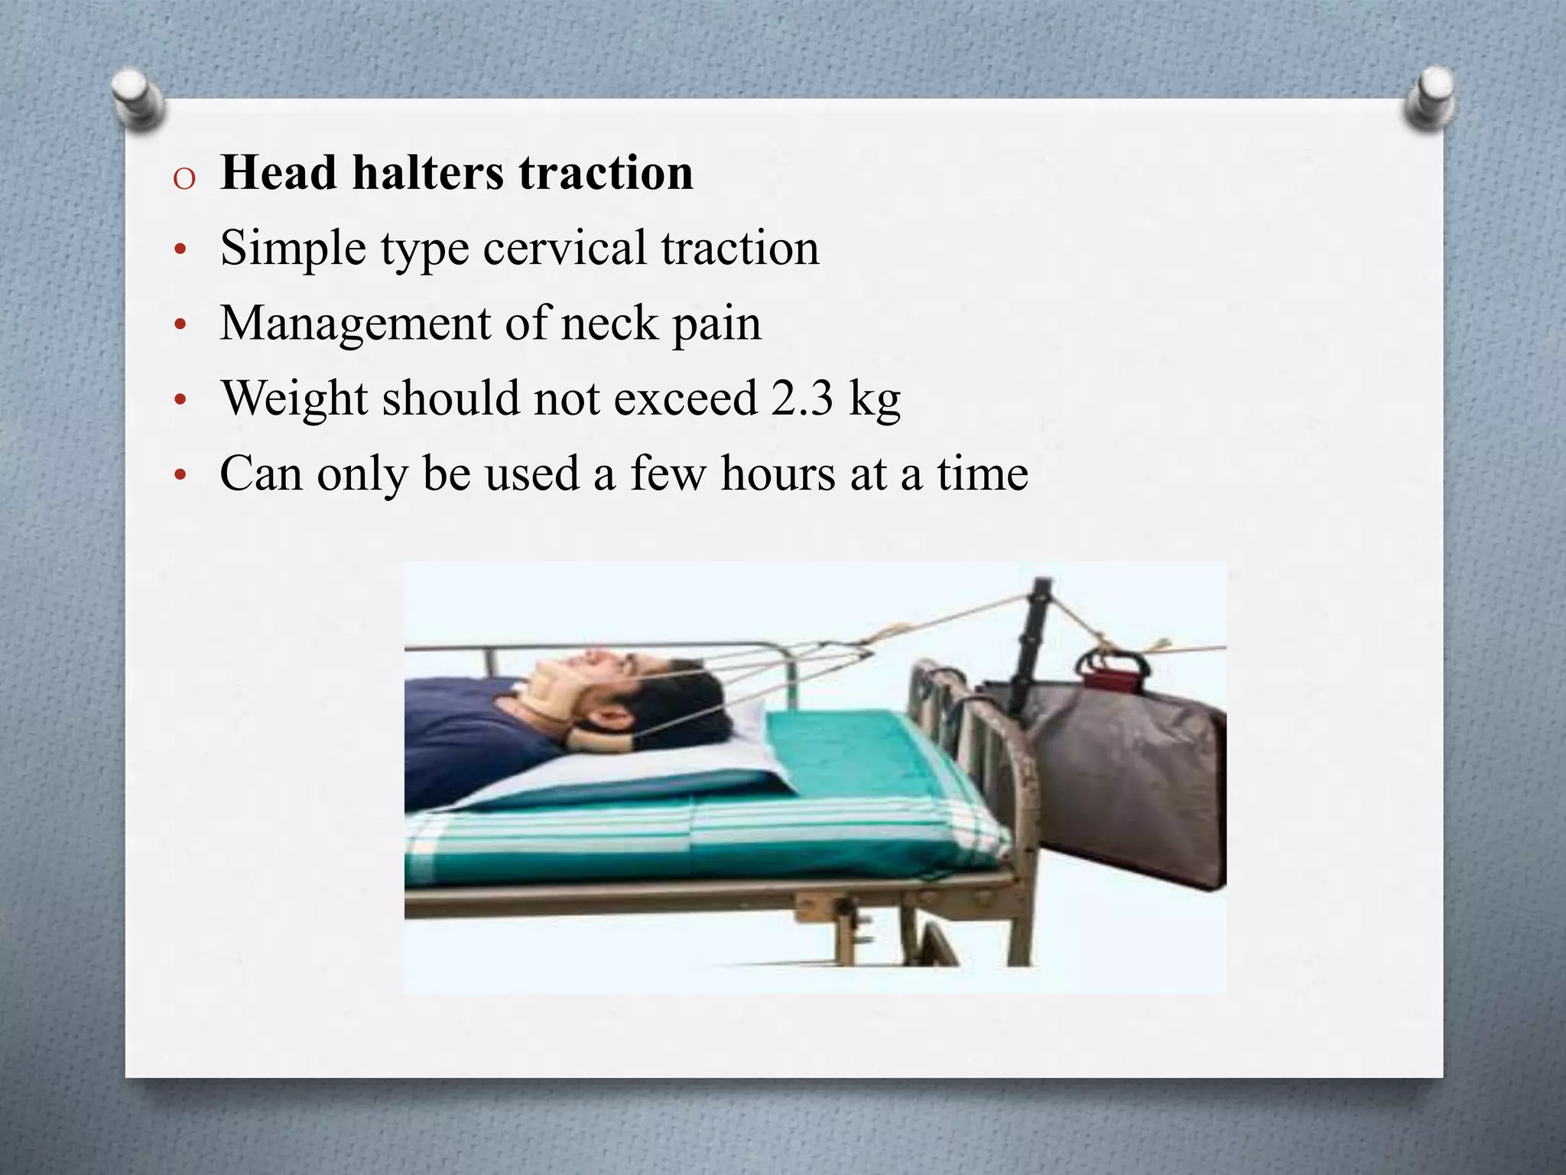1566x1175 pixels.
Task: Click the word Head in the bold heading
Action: coord(278,172)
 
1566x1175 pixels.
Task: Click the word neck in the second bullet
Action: coord(609,323)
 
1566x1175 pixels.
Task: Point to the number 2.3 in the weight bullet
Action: coord(801,398)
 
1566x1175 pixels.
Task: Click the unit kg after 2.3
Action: coord(875,399)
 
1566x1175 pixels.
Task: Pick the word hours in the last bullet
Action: coord(778,474)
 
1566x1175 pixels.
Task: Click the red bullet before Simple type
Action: coord(180,251)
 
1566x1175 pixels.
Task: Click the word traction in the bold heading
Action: coord(606,172)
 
